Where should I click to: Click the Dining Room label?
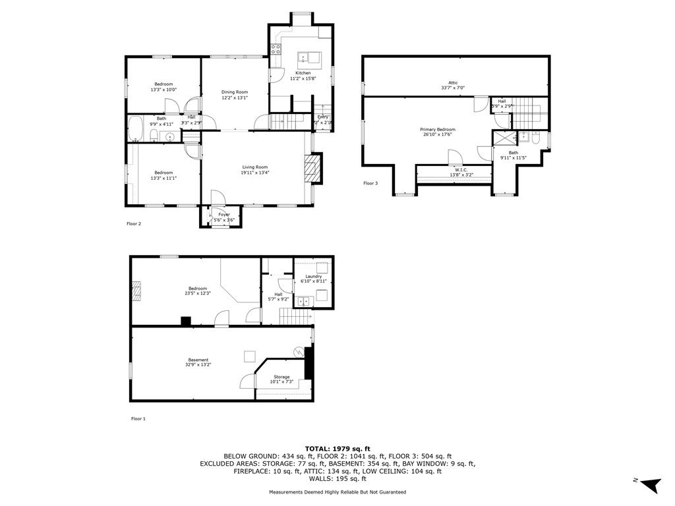point(235,92)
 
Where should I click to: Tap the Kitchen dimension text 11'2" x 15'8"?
point(303,78)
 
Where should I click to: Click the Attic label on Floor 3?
point(453,82)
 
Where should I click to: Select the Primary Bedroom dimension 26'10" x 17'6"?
point(438,135)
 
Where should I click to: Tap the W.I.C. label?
point(453,169)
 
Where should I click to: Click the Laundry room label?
point(313,276)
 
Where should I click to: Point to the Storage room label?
point(281,377)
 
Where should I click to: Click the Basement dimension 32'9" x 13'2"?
point(198,365)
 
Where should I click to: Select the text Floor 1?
point(138,418)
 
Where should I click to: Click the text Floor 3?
point(370,183)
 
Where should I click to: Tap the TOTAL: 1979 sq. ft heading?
point(337,448)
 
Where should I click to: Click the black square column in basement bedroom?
point(186,321)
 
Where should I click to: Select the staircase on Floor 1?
point(295,319)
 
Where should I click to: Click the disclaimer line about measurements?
point(337,492)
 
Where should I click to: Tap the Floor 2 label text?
point(134,223)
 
